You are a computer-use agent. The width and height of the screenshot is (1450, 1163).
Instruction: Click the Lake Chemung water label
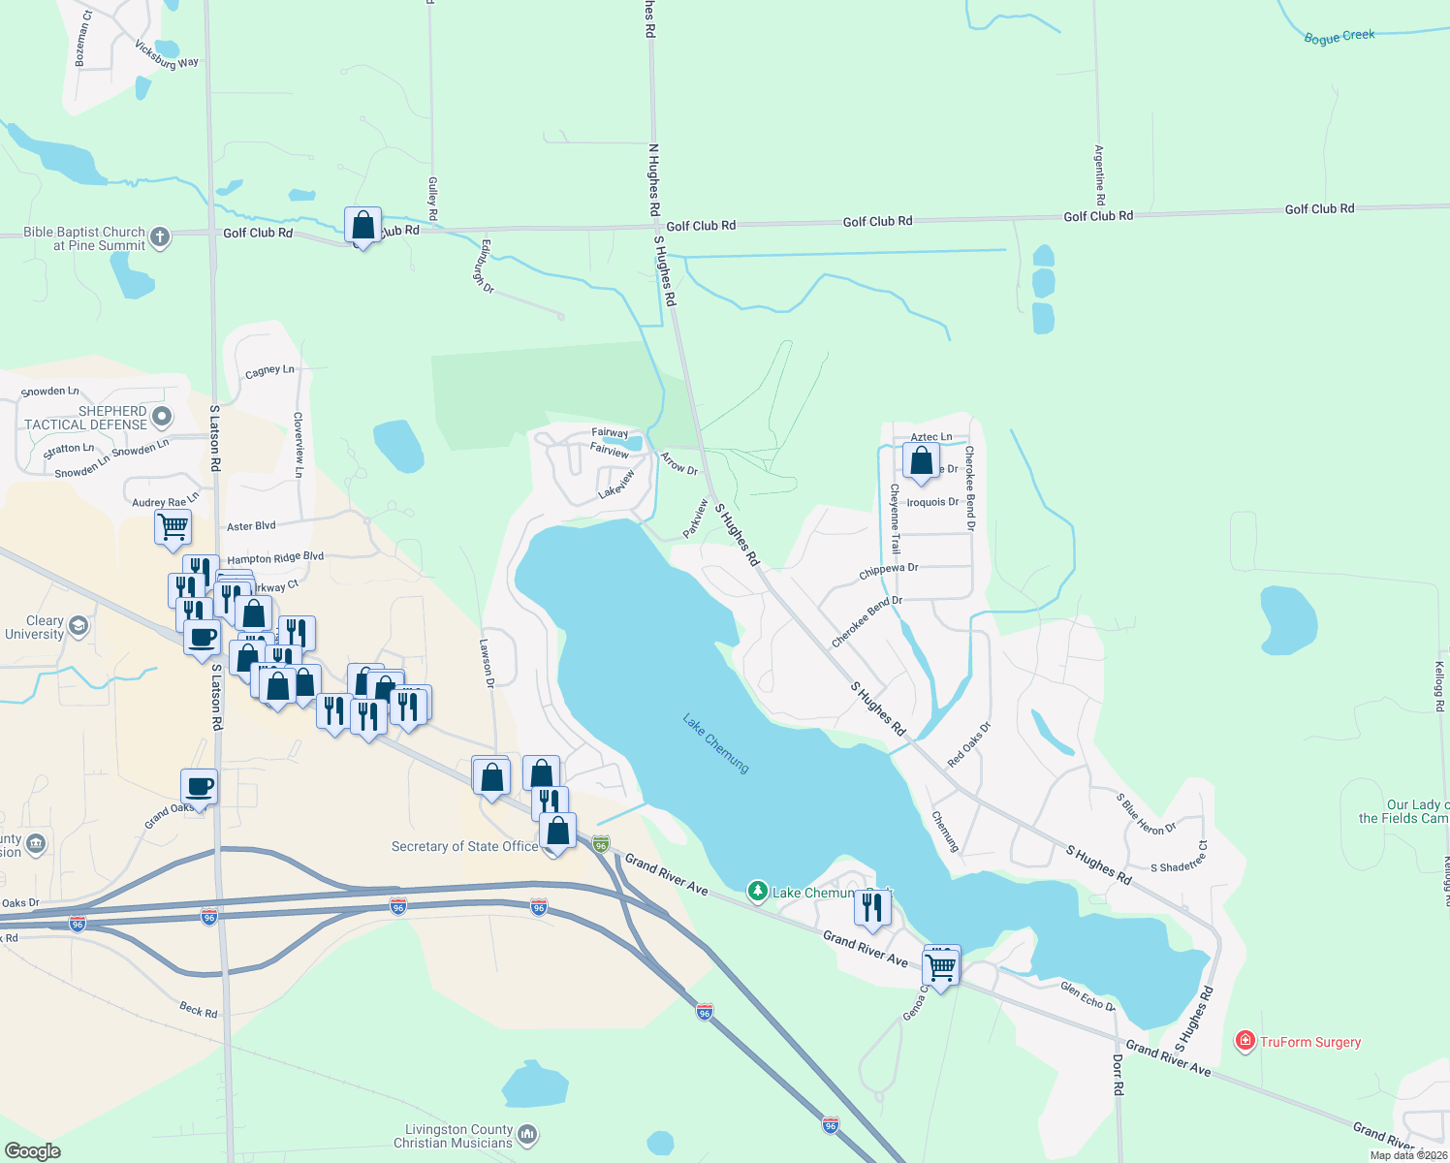[x=716, y=743]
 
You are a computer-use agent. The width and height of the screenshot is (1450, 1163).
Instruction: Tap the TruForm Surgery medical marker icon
[x=1245, y=1042]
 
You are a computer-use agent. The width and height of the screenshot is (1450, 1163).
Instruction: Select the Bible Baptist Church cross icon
[x=160, y=236]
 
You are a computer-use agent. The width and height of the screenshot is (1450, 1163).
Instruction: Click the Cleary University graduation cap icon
[x=79, y=626]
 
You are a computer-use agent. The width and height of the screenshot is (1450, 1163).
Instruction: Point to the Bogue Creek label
[x=1339, y=37]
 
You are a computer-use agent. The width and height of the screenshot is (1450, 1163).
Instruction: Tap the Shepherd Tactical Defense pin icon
[x=162, y=417]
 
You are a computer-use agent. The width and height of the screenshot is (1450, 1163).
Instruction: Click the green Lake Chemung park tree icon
[x=757, y=891]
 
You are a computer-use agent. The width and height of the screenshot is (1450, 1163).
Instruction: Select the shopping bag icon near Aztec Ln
[x=921, y=458]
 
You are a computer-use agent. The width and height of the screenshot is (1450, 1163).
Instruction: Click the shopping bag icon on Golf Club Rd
[x=362, y=225]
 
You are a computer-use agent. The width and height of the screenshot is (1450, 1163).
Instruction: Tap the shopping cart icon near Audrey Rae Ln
[x=173, y=527]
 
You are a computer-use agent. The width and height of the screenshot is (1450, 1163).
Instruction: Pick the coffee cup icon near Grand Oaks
[x=199, y=787]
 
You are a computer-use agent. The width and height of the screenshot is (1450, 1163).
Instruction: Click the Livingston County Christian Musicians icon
[x=527, y=1134]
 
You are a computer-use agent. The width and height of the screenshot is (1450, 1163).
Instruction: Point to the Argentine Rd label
[x=1099, y=174]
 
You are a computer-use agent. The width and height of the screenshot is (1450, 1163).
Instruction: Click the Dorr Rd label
[x=1118, y=1075]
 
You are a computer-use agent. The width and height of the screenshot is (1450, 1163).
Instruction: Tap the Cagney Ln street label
[x=269, y=371]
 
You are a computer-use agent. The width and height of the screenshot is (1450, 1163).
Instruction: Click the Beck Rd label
[x=199, y=1009]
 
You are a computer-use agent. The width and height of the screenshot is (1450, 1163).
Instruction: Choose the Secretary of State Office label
[x=464, y=846]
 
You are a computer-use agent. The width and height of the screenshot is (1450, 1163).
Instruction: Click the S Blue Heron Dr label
[x=1146, y=815]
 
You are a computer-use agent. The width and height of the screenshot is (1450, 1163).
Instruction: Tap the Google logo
[x=33, y=1150]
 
